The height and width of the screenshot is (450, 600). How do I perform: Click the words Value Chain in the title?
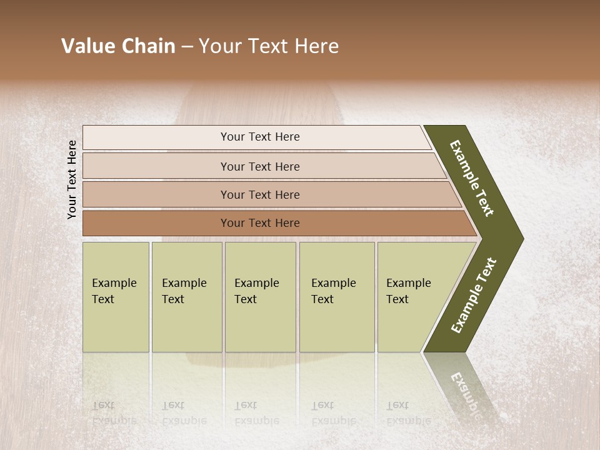[x=118, y=46]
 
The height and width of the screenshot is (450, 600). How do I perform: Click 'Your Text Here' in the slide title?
[x=268, y=46]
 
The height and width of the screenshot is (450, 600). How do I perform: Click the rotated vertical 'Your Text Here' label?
[x=72, y=179]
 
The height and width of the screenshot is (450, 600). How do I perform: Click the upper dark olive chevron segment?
[x=472, y=178]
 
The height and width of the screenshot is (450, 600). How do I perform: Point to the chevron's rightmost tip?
[x=522, y=238]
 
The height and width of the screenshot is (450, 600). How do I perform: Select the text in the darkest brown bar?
[x=260, y=223]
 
